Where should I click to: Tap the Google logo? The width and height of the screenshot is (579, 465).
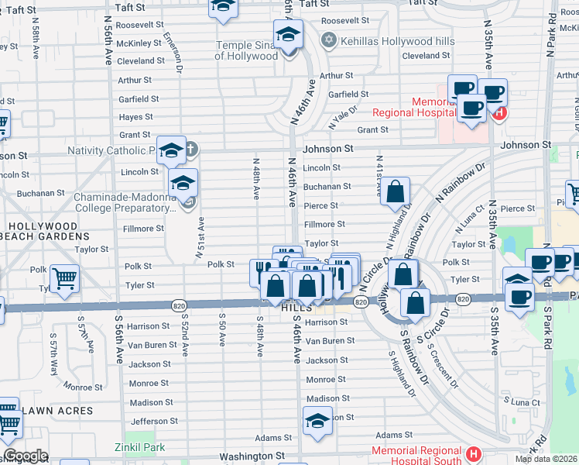(26, 456)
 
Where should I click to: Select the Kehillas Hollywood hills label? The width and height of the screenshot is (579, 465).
(387, 39)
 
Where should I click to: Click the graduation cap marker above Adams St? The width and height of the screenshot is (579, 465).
(317, 421)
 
